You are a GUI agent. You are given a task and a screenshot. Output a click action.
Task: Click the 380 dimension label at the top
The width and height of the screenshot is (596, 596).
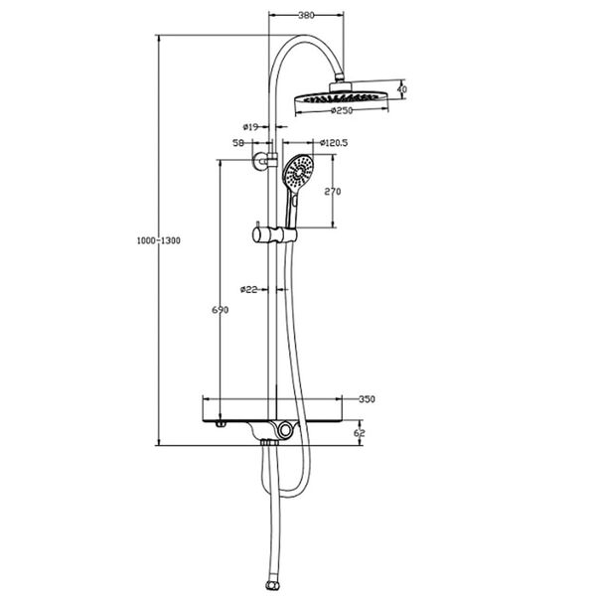[308, 16]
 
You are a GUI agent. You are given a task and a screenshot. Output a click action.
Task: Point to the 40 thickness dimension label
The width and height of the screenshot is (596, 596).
[401, 89]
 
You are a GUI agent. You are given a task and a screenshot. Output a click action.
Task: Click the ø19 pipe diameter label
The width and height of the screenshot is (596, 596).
[250, 127]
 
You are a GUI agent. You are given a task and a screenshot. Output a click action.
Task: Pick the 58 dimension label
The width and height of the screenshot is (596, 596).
[238, 143]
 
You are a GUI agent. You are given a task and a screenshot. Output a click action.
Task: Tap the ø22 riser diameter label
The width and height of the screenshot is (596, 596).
[248, 290]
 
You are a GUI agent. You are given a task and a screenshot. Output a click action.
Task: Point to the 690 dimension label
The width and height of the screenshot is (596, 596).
[221, 310]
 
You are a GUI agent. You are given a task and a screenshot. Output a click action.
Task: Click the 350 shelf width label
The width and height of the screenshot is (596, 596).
[366, 399]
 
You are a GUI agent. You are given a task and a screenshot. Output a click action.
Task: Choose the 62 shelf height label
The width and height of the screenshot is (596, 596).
[360, 433]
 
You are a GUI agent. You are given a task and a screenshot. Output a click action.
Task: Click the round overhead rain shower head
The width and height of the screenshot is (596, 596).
[344, 96]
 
